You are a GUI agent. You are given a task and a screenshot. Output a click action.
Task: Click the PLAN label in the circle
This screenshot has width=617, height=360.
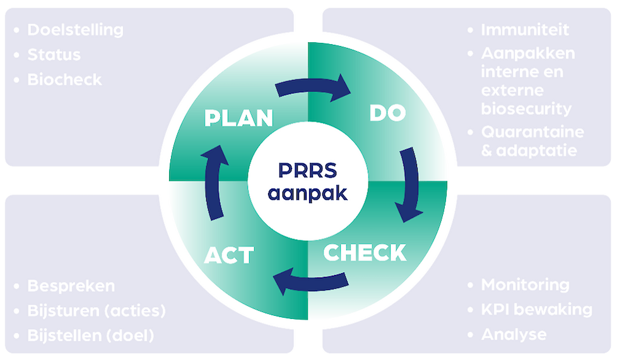tap(238, 118)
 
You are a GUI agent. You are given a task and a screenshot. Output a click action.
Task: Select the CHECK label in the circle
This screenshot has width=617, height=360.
tap(365, 252)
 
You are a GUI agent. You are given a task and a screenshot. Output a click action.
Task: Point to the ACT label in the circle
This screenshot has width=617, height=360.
tap(228, 255)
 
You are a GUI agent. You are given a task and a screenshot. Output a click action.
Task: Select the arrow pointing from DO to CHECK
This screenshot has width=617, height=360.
tap(409, 184)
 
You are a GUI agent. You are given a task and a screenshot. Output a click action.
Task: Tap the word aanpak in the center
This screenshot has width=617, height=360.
tap(307, 192)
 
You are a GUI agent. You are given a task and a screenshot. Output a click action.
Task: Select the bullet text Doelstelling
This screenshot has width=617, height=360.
tap(75, 30)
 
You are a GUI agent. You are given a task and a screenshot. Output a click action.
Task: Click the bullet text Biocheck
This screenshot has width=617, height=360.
tap(64, 79)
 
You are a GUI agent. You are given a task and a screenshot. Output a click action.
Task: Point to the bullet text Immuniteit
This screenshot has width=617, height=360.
tap(525, 30)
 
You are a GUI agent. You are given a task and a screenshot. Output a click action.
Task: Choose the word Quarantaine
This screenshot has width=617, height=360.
tap(532, 132)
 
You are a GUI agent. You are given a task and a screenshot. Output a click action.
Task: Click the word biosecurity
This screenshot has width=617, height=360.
tap(526, 108)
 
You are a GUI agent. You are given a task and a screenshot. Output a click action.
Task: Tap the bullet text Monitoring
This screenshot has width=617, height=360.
tap(525, 285)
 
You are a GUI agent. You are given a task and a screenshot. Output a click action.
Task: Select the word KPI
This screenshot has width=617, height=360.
tap(496, 310)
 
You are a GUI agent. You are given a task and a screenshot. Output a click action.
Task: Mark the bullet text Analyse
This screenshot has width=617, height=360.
tap(514, 334)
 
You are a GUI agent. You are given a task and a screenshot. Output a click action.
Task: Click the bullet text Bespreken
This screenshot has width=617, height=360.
tap(71, 286)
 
